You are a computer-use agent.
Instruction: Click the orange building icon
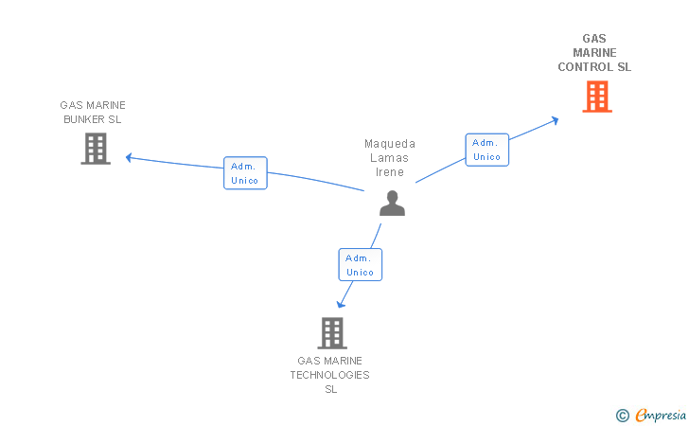coord(596,97)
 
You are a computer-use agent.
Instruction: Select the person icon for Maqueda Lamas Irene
coord(392,203)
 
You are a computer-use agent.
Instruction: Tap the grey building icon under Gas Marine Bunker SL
coord(96,149)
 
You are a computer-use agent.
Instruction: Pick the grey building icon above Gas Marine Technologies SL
coord(331,333)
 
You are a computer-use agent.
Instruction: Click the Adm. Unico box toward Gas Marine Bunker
coord(246,173)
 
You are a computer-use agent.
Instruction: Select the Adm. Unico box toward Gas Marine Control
coord(486,150)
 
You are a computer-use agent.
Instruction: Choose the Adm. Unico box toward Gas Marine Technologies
coord(360,265)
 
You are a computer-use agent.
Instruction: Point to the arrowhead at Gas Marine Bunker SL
coord(130,157)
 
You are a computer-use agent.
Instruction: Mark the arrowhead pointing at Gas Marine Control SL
coord(556,119)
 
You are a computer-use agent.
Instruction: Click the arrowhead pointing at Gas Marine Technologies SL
coord(341,305)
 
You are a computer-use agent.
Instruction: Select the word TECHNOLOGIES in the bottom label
coord(330,375)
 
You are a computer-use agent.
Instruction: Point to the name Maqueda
coord(390,144)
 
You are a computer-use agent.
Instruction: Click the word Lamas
coord(390,158)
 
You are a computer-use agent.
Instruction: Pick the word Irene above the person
coord(390,172)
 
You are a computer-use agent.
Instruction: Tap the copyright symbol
coord(622,415)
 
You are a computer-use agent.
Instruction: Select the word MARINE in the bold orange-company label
coord(594,53)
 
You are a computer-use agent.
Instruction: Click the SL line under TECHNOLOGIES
coord(330,389)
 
